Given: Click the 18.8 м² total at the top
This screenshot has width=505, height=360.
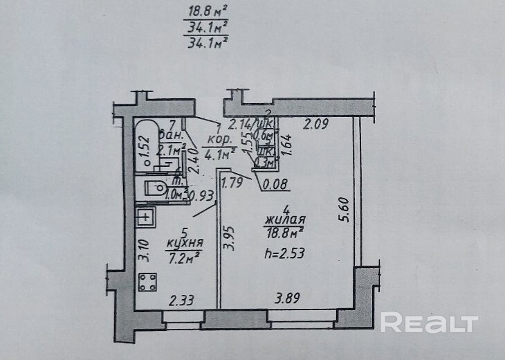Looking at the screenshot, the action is [208, 12].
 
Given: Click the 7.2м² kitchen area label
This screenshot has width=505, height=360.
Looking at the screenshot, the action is [183, 258].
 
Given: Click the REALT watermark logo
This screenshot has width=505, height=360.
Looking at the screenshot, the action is [429, 323].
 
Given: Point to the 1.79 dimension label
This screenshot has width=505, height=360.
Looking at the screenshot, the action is [235, 184].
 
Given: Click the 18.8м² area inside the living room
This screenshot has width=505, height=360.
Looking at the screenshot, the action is [286, 235].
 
